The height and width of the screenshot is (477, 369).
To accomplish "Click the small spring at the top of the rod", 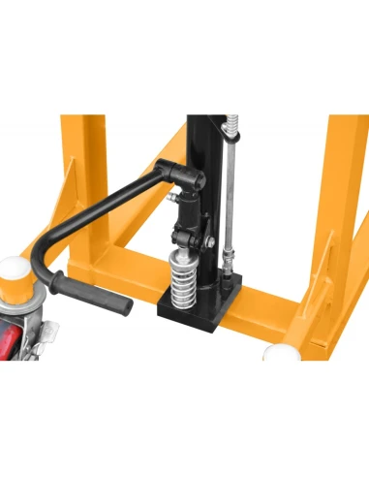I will [231, 126].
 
